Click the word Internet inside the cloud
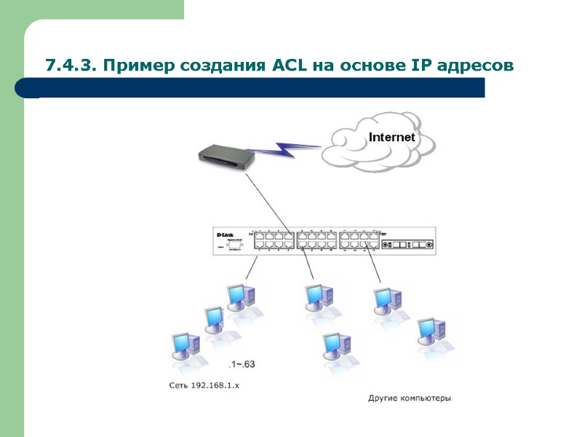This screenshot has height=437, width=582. point(391,137)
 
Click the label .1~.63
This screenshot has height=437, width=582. point(243,364)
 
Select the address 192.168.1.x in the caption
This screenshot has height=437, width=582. point(215,385)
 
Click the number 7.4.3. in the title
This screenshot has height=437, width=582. point(71,66)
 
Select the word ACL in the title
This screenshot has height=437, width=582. point(290,66)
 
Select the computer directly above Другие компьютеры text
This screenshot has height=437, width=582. point(338,350)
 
